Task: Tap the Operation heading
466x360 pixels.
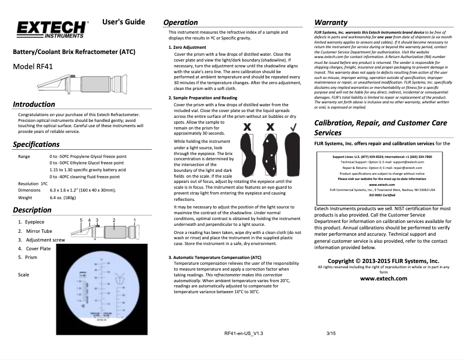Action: pos(185,22)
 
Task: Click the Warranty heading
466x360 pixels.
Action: pos(331,22)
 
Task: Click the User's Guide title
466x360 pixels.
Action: pos(123,23)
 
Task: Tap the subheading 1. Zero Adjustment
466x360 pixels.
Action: pos(187,46)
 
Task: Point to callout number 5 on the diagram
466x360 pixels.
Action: pos(81,220)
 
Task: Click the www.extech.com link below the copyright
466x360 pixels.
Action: pos(383,278)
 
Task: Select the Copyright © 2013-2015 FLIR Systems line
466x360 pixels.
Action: pos(383,261)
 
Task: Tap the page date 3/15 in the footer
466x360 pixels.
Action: pos(332,333)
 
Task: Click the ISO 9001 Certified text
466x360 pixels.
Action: pos(383,195)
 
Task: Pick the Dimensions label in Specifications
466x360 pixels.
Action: pos(29,190)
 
